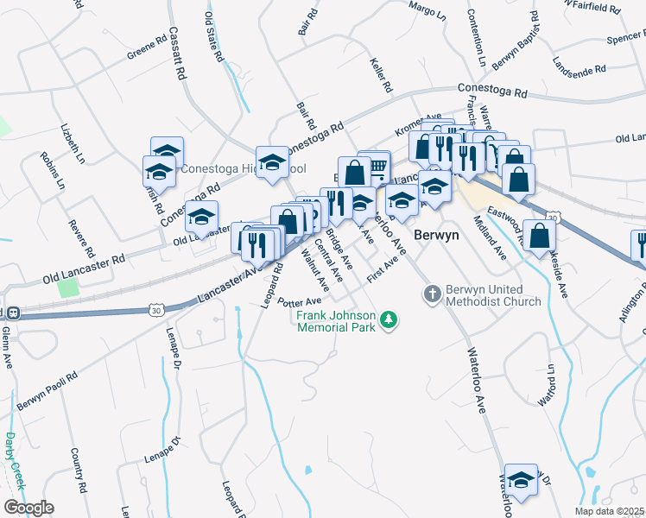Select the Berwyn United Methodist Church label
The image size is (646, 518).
[x=493, y=295]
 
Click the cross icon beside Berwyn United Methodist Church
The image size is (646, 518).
[x=433, y=295]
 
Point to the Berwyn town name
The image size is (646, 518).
[x=435, y=235]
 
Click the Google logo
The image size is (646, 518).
[x=28, y=508]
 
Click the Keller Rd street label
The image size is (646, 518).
[x=381, y=76]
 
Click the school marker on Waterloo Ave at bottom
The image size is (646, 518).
[x=521, y=480]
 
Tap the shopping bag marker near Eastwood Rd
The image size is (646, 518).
[x=538, y=236]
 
